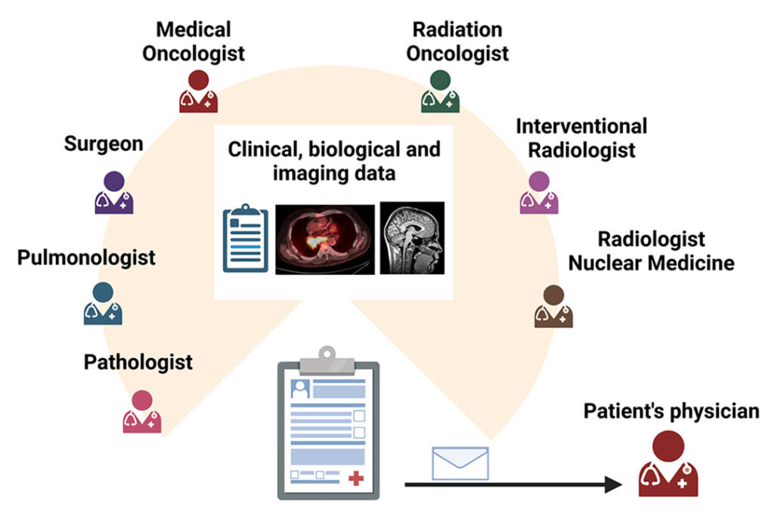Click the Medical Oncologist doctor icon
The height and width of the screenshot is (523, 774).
point(198,91)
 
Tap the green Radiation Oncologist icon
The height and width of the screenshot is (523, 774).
point(439,91)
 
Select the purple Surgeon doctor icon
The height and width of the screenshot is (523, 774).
point(113,193)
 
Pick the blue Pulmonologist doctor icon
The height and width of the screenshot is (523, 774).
point(103,304)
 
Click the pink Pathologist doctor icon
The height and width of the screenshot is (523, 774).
point(142,412)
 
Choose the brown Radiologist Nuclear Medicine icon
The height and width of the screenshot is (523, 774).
point(553,307)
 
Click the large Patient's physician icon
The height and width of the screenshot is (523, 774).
point(668,464)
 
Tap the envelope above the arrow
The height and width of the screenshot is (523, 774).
point(460,463)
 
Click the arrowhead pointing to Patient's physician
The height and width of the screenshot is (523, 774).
point(618,484)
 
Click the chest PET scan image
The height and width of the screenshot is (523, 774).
point(325,238)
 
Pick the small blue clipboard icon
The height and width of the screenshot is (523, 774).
point(245,238)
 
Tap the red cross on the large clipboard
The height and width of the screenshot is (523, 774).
point(356,477)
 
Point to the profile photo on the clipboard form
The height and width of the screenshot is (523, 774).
point(300,390)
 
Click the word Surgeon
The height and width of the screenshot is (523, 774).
point(104,144)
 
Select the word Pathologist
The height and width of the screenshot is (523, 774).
point(138,361)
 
